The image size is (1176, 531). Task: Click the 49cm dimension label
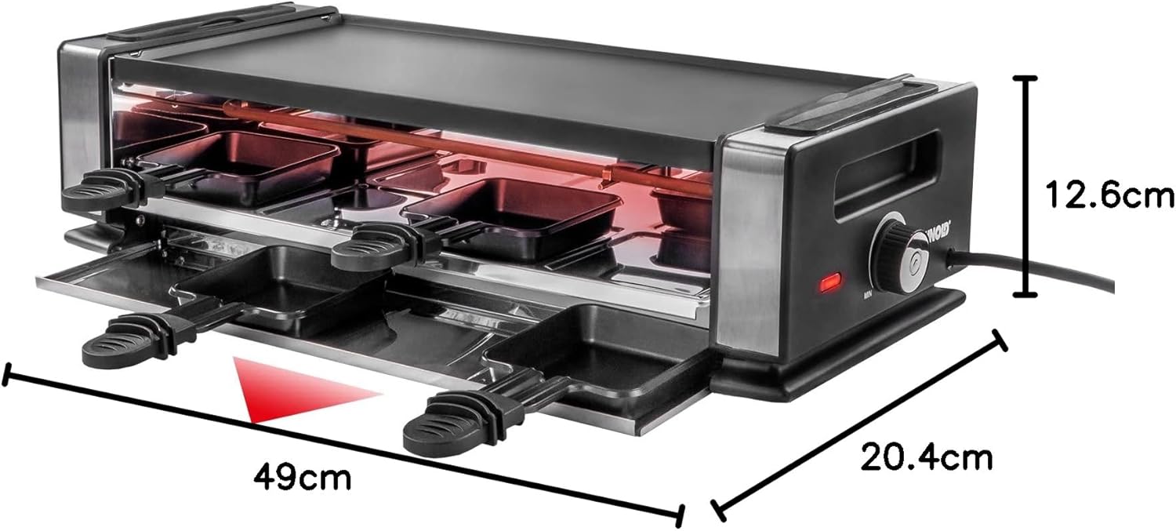tap(303, 475)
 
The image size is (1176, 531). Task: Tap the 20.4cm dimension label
tap(927, 456)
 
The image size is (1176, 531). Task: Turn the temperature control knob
tap(897, 254)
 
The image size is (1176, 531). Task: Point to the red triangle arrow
tap(302, 390)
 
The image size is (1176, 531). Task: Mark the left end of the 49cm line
tap(7, 375)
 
